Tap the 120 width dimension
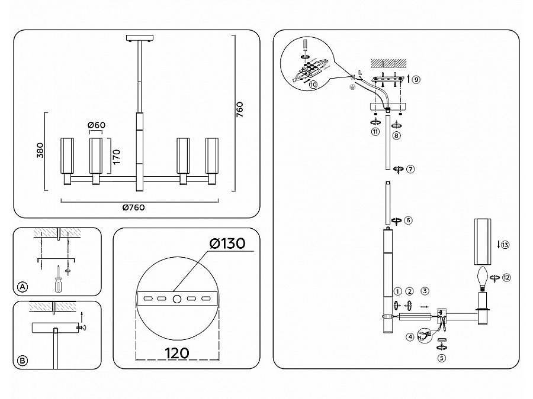coord(176,353)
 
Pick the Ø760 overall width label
coord(133,207)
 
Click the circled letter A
coord(22,287)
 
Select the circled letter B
coord(22,359)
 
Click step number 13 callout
coord(505,245)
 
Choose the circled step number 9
coord(416,79)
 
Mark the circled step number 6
coord(409,220)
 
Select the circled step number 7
coord(410,168)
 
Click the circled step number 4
coord(409,338)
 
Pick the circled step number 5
coord(442,358)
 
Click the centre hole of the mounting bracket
coord(176,299)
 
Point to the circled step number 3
coord(425,291)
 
